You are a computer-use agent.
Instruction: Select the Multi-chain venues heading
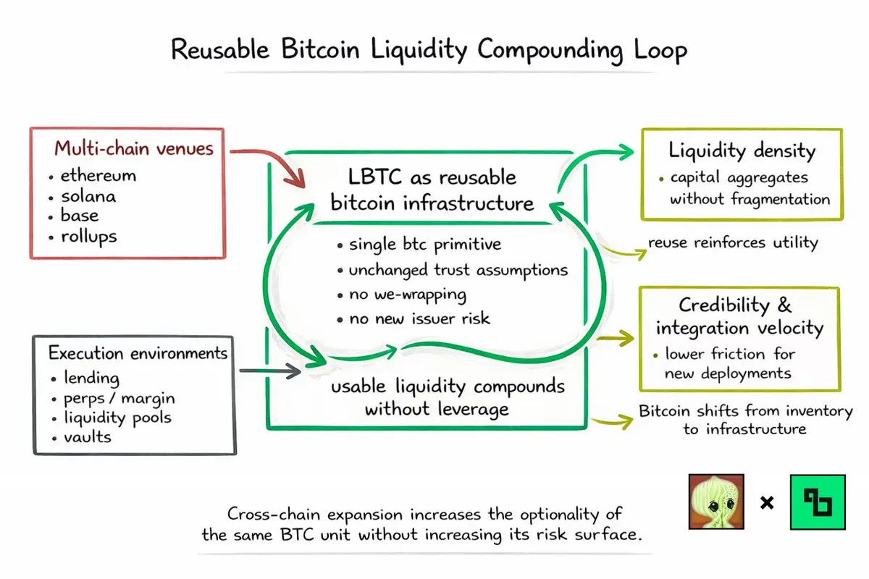[134, 149]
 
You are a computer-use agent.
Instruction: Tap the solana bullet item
[88, 196]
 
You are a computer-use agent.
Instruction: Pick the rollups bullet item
[89, 237]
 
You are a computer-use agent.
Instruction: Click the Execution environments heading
[138, 353]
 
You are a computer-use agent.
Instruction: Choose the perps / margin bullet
[118, 398]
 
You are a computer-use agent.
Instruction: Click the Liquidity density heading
[742, 151]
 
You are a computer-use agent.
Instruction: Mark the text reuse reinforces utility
[733, 242]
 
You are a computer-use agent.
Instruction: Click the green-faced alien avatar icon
[715, 501]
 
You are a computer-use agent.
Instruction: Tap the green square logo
[818, 502]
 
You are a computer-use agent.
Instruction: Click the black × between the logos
[767, 502]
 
